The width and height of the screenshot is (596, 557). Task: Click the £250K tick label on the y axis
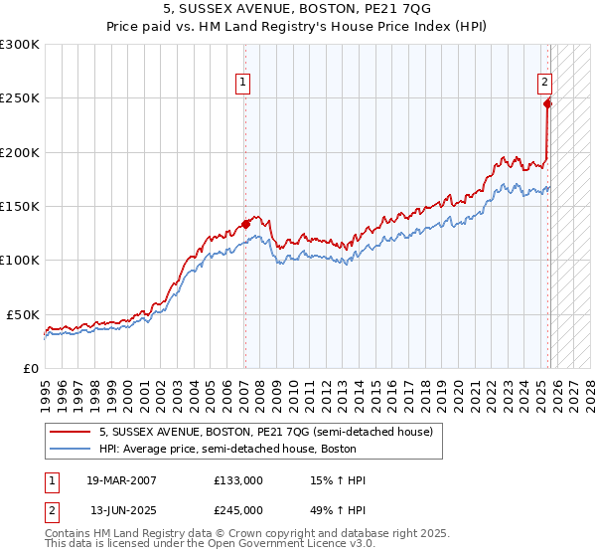pyautogui.click(x=20, y=98)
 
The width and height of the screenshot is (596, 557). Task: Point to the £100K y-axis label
pyautogui.click(x=20, y=260)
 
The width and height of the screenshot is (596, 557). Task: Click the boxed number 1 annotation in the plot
pyautogui.click(x=243, y=84)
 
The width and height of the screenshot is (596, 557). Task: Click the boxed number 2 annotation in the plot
pyautogui.click(x=545, y=84)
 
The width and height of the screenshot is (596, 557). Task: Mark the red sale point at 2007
pyautogui.click(x=245, y=224)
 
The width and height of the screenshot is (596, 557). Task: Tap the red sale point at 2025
pyautogui.click(x=547, y=102)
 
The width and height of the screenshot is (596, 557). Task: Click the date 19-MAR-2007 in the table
pyautogui.click(x=123, y=480)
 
